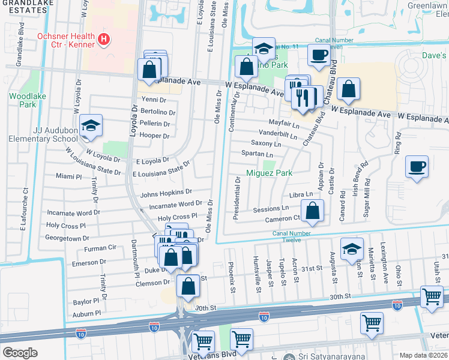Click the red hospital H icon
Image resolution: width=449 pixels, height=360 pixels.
104,40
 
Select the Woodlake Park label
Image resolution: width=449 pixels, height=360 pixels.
23,100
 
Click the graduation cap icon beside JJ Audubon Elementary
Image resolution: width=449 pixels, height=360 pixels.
91,125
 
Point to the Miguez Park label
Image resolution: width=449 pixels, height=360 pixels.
270,173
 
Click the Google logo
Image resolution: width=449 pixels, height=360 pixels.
20,352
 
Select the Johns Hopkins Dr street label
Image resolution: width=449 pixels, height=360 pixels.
166,193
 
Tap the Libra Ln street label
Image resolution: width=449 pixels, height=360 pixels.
301,194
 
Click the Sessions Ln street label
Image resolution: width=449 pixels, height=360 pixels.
271,209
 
